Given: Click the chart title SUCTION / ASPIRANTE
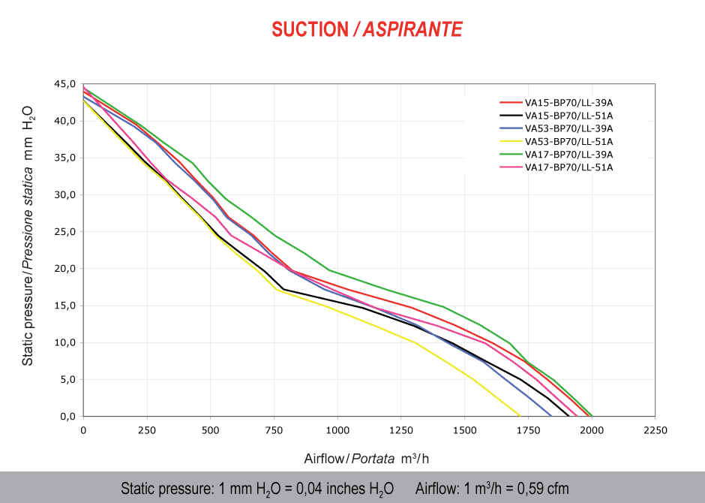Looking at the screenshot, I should (367, 29).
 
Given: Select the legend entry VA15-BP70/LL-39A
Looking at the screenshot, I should (568, 103).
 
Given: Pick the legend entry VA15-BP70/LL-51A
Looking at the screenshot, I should (568, 116).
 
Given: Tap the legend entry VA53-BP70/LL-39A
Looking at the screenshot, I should (568, 128).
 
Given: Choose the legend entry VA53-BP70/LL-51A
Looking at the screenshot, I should (568, 141).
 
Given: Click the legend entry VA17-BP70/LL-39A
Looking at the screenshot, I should (568, 154).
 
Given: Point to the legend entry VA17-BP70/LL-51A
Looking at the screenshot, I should (568, 167).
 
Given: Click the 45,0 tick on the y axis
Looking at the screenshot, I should (67, 84).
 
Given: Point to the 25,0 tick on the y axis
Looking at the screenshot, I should (67, 232).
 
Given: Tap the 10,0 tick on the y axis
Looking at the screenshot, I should (67, 342).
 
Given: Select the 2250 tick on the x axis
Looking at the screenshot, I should (655, 430).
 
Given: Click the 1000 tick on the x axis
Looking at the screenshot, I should (337, 430).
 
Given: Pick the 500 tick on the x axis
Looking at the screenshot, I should (210, 430).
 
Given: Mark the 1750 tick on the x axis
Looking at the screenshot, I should (528, 430).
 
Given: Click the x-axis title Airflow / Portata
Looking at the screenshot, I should (367, 458).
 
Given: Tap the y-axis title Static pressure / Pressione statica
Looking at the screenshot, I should (28, 233).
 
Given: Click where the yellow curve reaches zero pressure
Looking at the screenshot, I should (520, 415).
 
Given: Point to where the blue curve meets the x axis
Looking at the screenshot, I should (552, 415).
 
